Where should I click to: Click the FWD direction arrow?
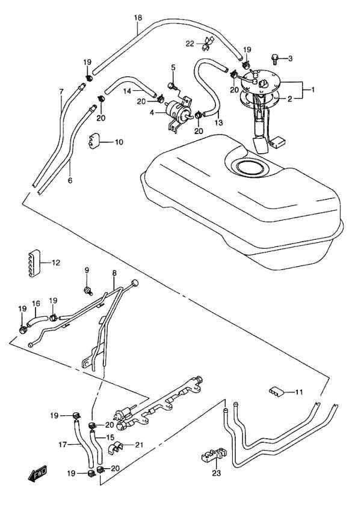(x=37, y=474)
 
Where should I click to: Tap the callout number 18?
(x=138, y=18)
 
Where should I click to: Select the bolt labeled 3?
(x=274, y=59)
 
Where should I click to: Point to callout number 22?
(x=190, y=43)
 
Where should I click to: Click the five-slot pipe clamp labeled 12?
(x=33, y=264)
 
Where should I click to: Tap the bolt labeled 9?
(x=88, y=290)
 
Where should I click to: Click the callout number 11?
(x=298, y=392)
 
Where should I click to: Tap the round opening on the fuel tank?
(x=252, y=168)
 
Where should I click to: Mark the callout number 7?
(x=61, y=91)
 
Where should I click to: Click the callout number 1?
(x=313, y=89)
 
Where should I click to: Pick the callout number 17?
(x=63, y=445)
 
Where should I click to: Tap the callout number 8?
(x=114, y=273)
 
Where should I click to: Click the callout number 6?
(x=70, y=180)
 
